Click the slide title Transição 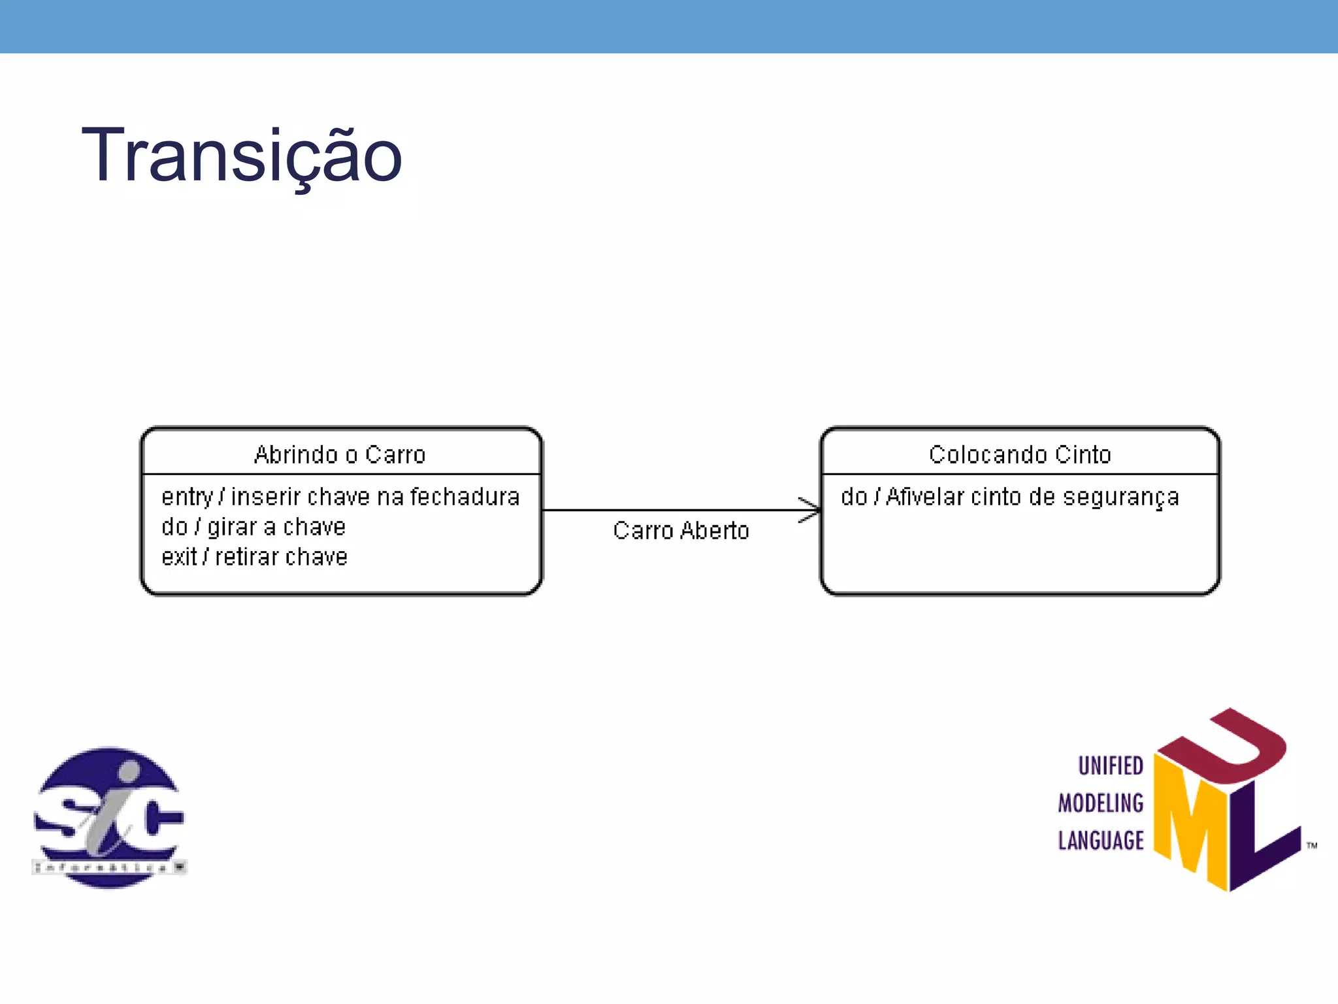coord(241,156)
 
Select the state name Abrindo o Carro coord(340,454)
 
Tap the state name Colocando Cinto coord(1020,454)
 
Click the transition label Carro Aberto coord(681,531)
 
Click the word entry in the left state coord(187,497)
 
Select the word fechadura coord(465,497)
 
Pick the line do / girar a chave coord(253,527)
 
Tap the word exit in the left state coord(178,557)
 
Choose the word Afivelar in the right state coord(924,497)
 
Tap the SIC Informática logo coord(109,817)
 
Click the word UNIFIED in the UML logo coord(1111,765)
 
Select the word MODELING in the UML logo coord(1101,803)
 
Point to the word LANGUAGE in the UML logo coord(1101,840)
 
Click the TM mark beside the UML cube coord(1312,846)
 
